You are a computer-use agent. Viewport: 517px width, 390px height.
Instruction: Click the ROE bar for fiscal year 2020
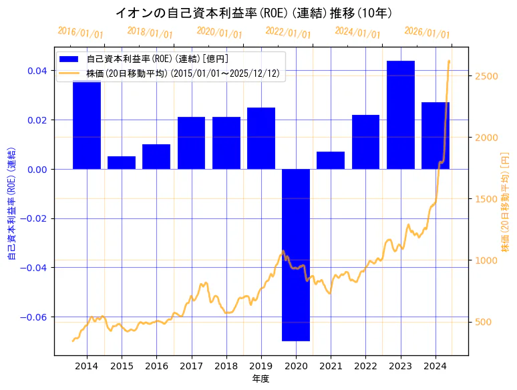pos(296,254)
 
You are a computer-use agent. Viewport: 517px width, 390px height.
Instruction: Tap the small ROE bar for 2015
pos(122,163)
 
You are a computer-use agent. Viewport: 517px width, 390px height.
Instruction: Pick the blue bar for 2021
pos(331,160)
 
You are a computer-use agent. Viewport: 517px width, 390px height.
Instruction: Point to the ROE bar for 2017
pos(191,143)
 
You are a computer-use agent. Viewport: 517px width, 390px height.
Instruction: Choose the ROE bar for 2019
pos(261,138)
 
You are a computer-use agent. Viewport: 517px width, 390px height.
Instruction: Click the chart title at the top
pos(254,13)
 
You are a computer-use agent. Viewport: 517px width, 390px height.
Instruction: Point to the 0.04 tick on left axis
pos(37,71)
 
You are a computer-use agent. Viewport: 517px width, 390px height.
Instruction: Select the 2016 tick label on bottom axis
pos(156,366)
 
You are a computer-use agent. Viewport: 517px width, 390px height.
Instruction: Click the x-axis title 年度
pos(261,379)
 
